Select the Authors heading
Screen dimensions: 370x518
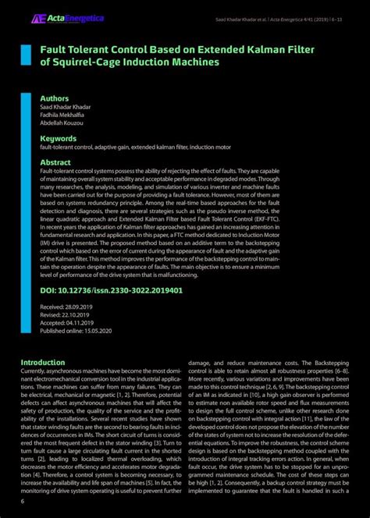coord(55,98)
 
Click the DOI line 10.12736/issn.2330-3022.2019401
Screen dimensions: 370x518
coord(111,290)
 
